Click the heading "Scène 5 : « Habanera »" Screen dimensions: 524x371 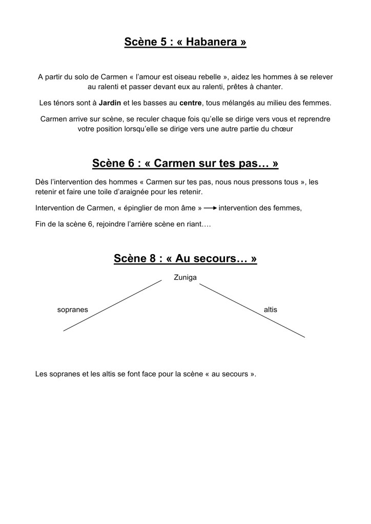tap(185, 41)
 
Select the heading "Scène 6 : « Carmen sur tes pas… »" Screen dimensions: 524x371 tap(185, 163)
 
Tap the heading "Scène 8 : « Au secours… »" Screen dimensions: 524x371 tap(185, 259)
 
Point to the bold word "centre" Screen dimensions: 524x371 tap(191, 102)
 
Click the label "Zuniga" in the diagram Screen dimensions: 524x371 tap(185, 277)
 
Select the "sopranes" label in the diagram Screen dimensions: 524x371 tap(72, 310)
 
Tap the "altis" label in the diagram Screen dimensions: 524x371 tap(270, 310)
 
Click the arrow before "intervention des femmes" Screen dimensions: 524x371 tap(210, 208)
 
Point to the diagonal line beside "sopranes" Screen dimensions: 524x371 tap(113, 305)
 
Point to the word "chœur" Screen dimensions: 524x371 tap(282, 129)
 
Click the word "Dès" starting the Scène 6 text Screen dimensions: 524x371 tap(42, 182)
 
